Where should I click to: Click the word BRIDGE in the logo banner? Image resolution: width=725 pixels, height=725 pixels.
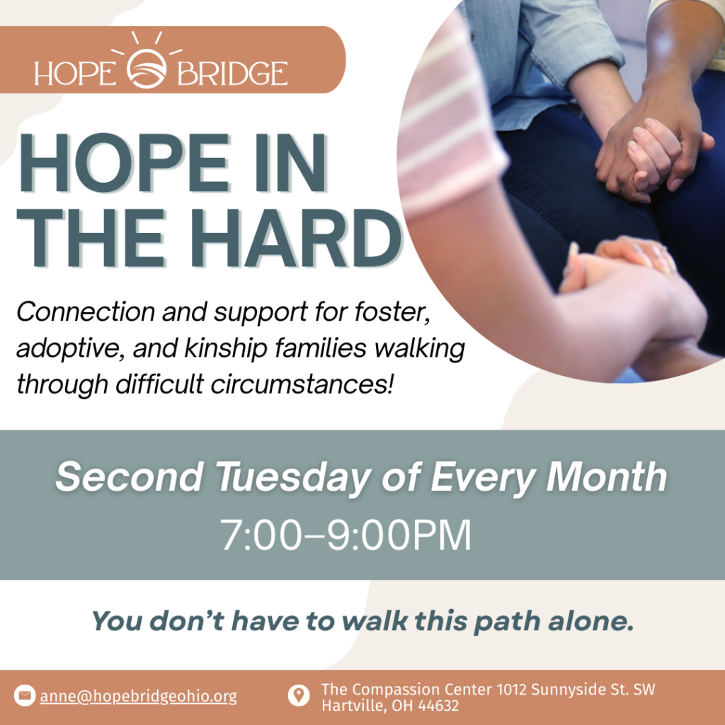(232, 73)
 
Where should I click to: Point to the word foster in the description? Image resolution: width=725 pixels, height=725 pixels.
(392, 312)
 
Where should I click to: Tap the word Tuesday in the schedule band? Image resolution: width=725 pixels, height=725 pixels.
(293, 478)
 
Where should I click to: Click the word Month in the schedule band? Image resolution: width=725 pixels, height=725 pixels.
(607, 476)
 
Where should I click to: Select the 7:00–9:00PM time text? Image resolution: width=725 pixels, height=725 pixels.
(346, 535)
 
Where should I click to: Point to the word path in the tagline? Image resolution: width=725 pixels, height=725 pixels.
(508, 622)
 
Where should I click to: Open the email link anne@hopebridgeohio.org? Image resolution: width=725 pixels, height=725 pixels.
(138, 697)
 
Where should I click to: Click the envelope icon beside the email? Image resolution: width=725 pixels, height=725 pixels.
(25, 695)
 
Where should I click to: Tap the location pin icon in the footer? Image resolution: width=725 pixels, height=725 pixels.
(299, 695)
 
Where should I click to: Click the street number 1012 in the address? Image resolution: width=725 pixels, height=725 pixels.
(512, 690)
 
